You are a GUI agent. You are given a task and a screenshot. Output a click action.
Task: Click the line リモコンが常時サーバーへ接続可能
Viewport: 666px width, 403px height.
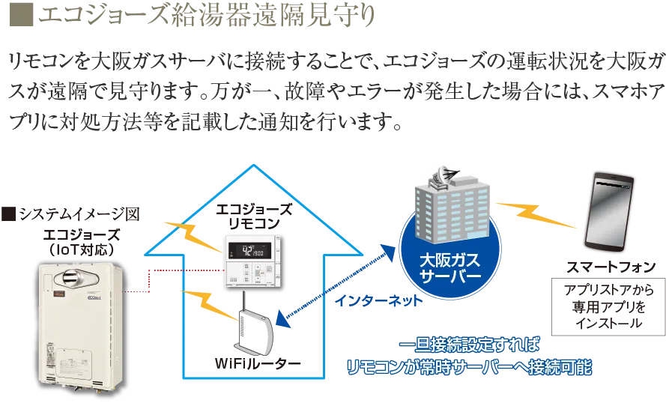click(x=470, y=368)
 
